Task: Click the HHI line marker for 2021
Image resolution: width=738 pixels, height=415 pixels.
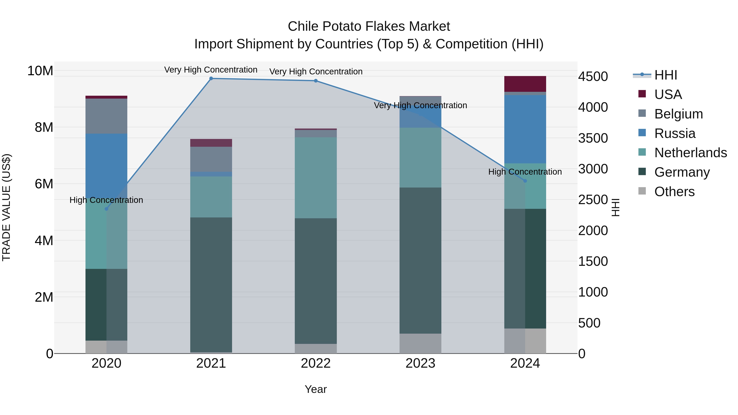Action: [x=211, y=78]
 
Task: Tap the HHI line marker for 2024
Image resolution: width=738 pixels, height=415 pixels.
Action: [x=525, y=181]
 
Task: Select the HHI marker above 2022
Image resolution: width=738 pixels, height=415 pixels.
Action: [x=316, y=81]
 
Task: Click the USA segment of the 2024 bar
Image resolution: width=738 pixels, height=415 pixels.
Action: [x=525, y=84]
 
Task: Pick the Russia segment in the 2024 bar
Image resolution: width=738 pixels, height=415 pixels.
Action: [x=525, y=129]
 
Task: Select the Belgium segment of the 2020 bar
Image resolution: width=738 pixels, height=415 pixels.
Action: [x=106, y=116]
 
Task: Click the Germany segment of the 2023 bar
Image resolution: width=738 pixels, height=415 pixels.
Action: [x=420, y=261]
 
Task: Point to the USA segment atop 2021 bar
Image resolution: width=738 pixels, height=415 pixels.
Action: [x=211, y=143]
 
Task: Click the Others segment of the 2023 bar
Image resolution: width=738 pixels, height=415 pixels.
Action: [x=420, y=343]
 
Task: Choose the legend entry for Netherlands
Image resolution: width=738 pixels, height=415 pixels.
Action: [x=690, y=153]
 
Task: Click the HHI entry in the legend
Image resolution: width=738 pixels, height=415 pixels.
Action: [x=665, y=75]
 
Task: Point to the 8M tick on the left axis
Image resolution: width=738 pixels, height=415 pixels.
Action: [x=44, y=127]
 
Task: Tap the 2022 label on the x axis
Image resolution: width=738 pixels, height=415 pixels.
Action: [x=316, y=363]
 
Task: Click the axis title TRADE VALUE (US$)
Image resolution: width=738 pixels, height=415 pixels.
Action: [x=6, y=207]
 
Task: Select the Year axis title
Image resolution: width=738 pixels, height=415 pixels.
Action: [x=316, y=389]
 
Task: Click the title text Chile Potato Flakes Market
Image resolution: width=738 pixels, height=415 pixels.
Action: [x=369, y=26]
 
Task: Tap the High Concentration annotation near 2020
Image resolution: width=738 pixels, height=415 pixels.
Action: [x=106, y=200]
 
